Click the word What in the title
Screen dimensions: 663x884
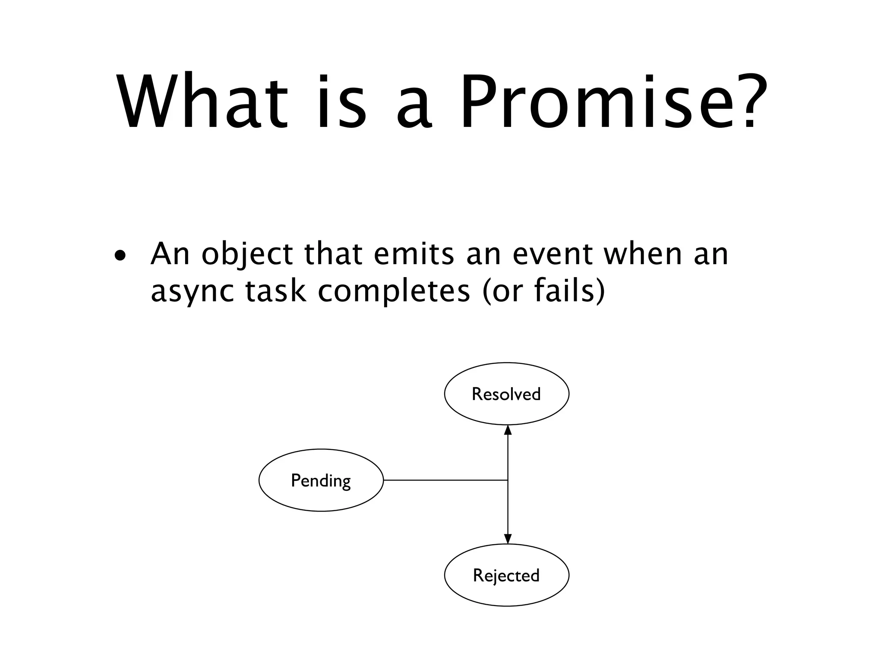202,102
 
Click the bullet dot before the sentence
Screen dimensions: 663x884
120,256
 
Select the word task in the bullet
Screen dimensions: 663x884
276,290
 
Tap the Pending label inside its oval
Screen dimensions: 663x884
321,480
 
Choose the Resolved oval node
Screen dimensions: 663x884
506,394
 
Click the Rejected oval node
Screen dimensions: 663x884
506,575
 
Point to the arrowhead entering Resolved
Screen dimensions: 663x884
508,430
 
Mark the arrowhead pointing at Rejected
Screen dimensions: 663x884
508,539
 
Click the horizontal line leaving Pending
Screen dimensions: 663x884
445,480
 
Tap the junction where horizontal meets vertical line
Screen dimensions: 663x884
508,480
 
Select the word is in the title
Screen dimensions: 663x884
341,102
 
